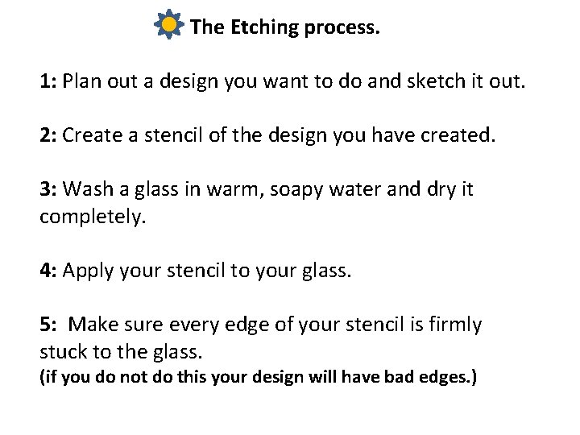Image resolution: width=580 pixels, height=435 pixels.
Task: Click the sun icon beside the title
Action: click(x=168, y=26)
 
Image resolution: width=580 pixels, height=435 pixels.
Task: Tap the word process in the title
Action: click(x=342, y=28)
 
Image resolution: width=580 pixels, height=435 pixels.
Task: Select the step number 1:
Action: click(x=48, y=81)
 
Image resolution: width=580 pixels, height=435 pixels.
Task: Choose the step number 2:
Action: click(x=48, y=135)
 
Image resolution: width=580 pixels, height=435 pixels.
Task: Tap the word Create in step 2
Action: click(x=90, y=135)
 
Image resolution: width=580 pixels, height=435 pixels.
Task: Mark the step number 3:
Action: click(x=48, y=189)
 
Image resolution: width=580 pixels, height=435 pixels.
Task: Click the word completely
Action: click(x=93, y=217)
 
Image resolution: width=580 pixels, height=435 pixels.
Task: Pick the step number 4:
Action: click(x=48, y=271)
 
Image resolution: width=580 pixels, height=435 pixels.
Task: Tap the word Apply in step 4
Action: click(x=87, y=271)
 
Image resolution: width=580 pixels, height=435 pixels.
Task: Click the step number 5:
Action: click(x=48, y=325)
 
